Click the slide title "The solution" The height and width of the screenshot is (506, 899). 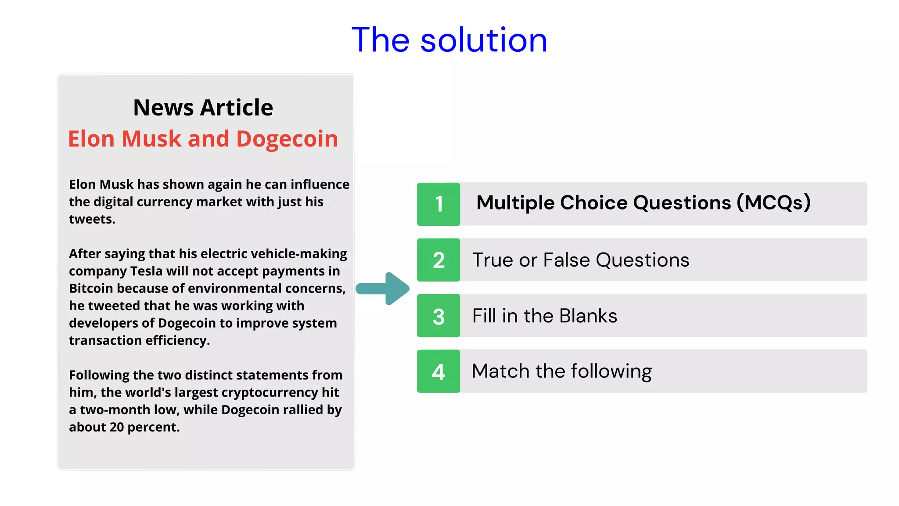point(449,40)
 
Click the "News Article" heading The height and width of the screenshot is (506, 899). point(203,108)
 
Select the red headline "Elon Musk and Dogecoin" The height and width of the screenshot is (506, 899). point(203,139)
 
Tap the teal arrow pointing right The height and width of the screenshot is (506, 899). point(383,289)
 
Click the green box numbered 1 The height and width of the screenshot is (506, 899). point(439,204)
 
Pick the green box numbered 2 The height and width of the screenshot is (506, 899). point(439,260)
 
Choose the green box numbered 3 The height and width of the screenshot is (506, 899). point(439,316)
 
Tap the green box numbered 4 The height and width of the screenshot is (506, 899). point(439,372)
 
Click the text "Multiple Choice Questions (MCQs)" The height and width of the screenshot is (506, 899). point(643,203)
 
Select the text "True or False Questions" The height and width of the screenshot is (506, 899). point(580,260)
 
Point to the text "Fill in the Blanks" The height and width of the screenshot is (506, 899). point(544,316)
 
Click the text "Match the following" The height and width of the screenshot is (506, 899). point(561,372)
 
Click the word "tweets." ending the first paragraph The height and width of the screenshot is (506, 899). point(92,219)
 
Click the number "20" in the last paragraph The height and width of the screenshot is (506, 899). point(116,427)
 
